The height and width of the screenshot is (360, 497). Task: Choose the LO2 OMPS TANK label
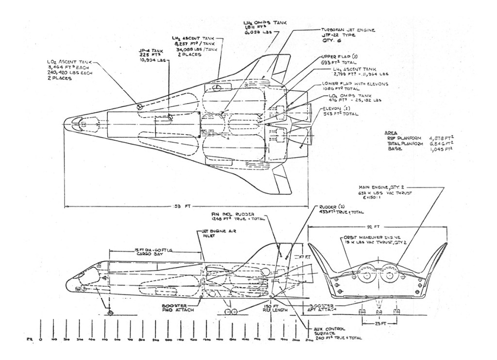point(344,100)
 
